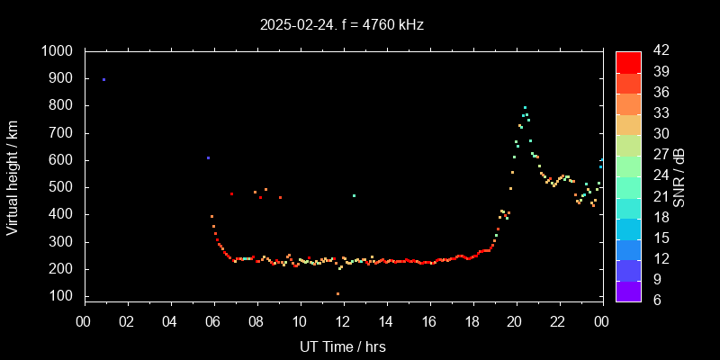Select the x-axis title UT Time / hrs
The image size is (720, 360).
[x=343, y=346]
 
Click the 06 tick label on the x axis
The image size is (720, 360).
[x=213, y=321]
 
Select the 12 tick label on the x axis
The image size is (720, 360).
[x=343, y=321]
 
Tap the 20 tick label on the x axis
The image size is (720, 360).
[x=515, y=321]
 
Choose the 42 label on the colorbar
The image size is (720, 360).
[x=656, y=51]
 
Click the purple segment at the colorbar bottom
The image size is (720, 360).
[x=628, y=291]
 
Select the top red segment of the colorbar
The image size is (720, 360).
[x=628, y=61]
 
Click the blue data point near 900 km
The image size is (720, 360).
[x=103, y=80]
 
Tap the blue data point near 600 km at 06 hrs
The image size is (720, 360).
[x=208, y=158]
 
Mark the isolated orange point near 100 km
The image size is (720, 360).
[x=337, y=293]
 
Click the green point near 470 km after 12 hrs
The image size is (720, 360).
[x=354, y=195]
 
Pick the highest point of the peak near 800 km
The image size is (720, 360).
[x=525, y=108]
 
